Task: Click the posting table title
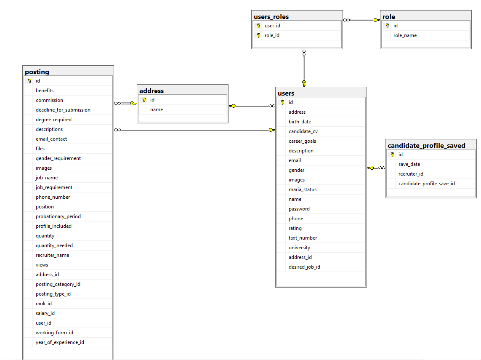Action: [x=37, y=72]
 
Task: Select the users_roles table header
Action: [x=271, y=16]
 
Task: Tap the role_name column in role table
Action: [x=405, y=35]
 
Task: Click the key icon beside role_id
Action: [x=258, y=35]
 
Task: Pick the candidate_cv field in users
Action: [x=303, y=131]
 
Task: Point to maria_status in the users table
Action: [x=302, y=189]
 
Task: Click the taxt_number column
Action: [x=303, y=238]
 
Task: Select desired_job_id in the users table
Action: [x=304, y=267]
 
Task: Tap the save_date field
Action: [x=409, y=164]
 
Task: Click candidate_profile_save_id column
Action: [x=426, y=184]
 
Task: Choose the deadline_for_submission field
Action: [x=63, y=110]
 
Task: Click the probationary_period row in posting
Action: [x=58, y=216]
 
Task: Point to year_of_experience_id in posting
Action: [x=60, y=342]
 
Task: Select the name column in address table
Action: [x=157, y=109]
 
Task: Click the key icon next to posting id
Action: [x=29, y=81]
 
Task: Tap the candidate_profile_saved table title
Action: [x=426, y=145]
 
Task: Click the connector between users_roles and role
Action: [x=361, y=20]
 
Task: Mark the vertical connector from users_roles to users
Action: [x=304, y=67]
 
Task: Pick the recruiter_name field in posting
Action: [x=52, y=255]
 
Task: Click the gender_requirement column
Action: [x=58, y=158]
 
